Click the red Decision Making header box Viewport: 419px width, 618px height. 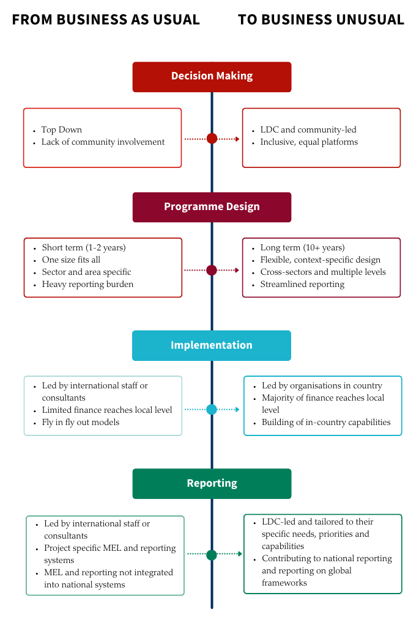(x=212, y=76)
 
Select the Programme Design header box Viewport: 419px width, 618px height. (x=212, y=206)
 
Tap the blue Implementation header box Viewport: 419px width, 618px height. (x=212, y=345)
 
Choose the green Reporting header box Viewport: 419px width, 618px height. (x=212, y=483)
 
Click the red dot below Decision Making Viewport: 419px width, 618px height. (x=212, y=139)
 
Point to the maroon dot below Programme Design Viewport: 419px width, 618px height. (x=212, y=270)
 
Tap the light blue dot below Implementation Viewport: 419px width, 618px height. (x=212, y=409)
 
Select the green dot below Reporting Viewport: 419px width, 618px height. (x=212, y=554)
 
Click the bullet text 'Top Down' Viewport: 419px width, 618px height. (x=61, y=129)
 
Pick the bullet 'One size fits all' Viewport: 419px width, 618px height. (x=71, y=260)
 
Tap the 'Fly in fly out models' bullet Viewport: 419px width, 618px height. (x=80, y=422)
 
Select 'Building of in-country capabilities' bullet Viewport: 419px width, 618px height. (x=326, y=422)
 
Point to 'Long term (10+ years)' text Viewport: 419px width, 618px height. (x=302, y=247)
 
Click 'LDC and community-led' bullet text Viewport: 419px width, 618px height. (x=308, y=129)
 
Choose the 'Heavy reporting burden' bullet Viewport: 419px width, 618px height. (x=87, y=284)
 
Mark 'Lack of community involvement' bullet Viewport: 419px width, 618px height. (x=103, y=142)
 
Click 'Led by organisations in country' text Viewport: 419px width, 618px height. (x=322, y=385)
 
